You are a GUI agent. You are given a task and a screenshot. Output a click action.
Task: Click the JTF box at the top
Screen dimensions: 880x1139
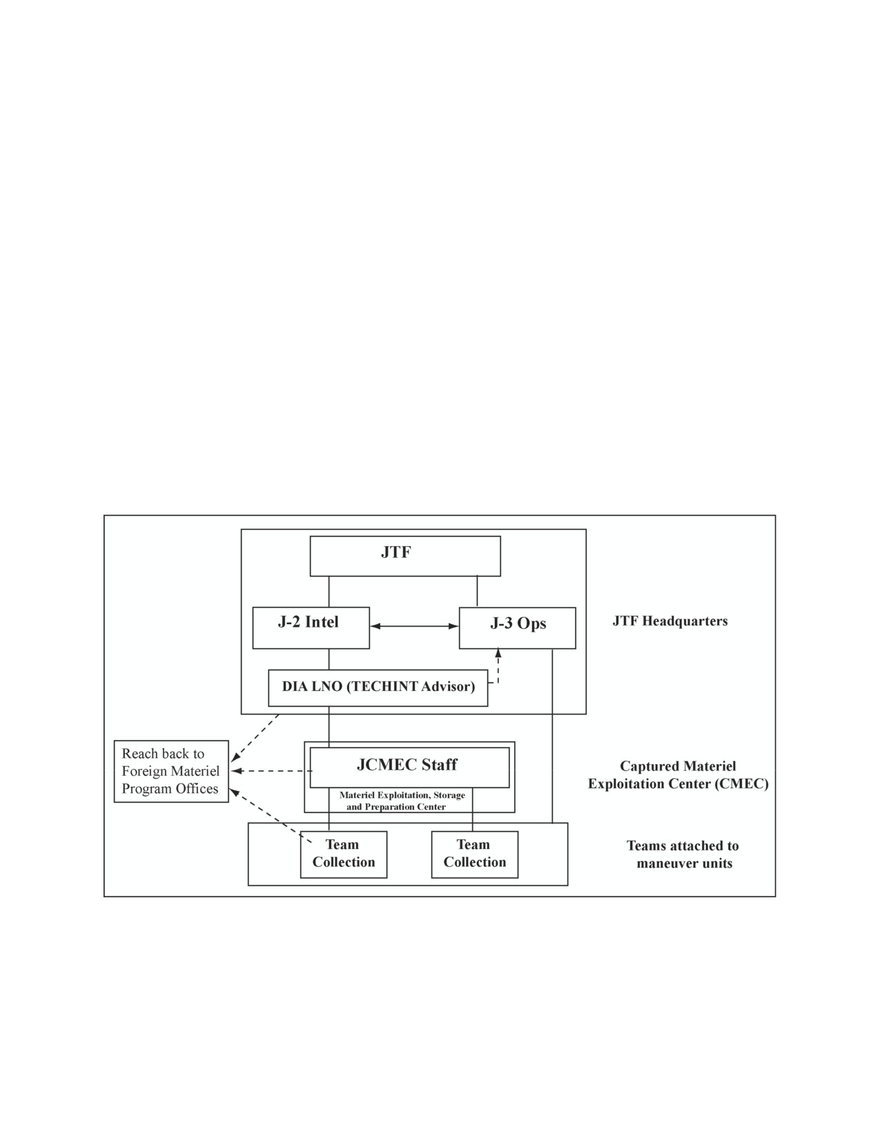405,556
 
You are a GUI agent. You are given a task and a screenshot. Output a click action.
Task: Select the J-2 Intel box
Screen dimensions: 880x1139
311,627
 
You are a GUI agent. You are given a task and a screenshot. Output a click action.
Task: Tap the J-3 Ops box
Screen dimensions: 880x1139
518,628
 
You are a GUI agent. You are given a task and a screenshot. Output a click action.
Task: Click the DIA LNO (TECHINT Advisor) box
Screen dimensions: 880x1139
378,688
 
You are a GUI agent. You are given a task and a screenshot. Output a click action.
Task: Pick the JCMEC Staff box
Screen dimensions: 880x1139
409,768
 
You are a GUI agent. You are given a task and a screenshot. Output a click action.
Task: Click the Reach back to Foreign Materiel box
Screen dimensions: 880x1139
171,771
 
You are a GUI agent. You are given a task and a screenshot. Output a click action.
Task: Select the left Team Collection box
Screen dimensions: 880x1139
343,855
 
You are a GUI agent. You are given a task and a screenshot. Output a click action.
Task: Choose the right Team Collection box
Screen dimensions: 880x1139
474,855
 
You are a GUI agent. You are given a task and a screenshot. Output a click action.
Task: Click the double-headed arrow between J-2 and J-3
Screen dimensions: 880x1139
415,626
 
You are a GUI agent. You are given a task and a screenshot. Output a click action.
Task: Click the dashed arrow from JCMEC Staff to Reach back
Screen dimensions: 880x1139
271,771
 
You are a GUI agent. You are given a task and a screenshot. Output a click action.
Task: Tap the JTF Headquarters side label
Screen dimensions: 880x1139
669,621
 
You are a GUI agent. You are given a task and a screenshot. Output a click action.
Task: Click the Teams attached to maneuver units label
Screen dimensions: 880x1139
683,855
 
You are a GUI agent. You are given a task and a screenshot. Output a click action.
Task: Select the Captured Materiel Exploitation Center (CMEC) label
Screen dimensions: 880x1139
678,775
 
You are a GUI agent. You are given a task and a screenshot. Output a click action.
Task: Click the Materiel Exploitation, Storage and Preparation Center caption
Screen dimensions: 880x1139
402,801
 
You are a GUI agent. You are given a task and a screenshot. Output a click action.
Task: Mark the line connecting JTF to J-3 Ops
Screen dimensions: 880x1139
477,592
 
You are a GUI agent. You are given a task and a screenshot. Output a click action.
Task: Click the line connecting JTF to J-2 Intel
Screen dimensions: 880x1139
329,592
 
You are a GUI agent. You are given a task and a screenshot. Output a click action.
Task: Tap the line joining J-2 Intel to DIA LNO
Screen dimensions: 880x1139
329,659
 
